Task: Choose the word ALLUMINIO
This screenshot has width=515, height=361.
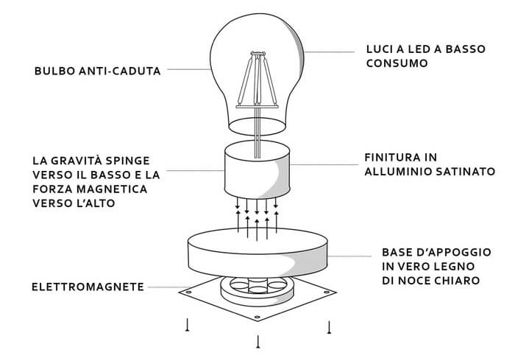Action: pyautogui.click(x=400, y=171)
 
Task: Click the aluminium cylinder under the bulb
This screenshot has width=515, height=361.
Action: pyautogui.click(x=257, y=171)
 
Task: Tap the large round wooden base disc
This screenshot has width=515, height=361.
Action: pyautogui.click(x=257, y=250)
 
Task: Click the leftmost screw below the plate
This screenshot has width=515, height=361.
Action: pyautogui.click(x=188, y=324)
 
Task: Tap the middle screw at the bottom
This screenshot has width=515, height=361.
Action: pyautogui.click(x=258, y=340)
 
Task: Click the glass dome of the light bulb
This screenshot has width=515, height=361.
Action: pyautogui.click(x=221, y=52)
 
